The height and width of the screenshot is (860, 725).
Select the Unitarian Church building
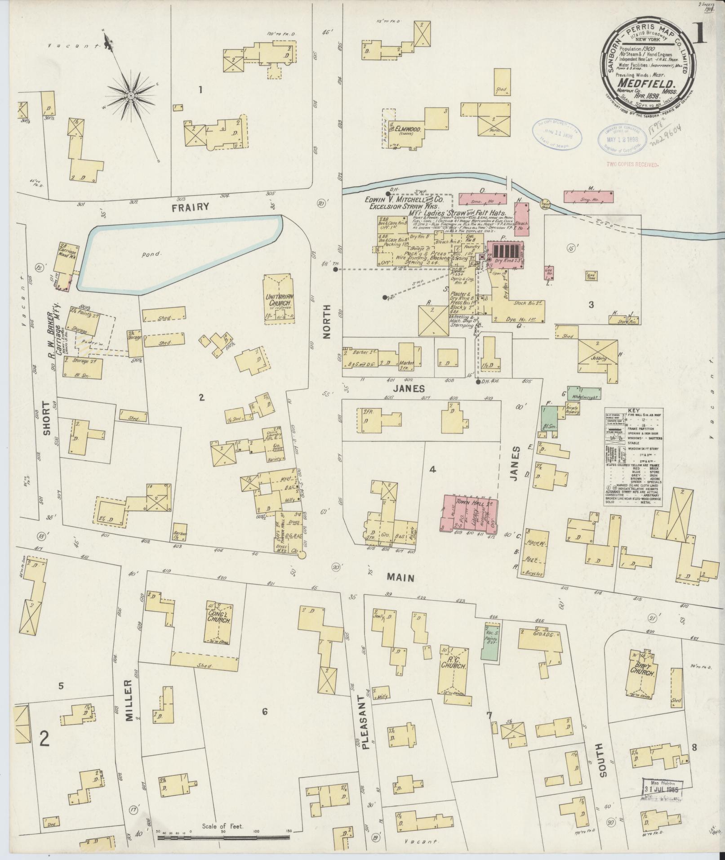pyautogui.click(x=279, y=299)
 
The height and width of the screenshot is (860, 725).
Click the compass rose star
pyautogui.click(x=130, y=96)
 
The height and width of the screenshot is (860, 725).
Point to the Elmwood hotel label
pyautogui.click(x=407, y=129)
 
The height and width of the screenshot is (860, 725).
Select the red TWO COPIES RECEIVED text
pyautogui.click(x=633, y=165)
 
